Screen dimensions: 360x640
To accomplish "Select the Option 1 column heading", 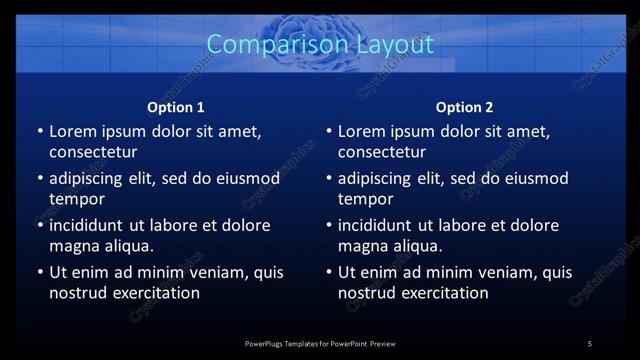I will (x=176, y=107).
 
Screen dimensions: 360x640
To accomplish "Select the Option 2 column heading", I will (x=465, y=107).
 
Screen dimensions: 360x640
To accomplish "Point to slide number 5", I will (x=590, y=344).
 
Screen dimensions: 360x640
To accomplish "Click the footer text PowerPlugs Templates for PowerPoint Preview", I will (x=320, y=344).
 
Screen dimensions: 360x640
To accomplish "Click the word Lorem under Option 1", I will (x=75, y=131).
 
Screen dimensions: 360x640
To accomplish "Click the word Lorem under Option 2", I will (x=364, y=131).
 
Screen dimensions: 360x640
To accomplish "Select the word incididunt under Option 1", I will (x=93, y=225).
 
